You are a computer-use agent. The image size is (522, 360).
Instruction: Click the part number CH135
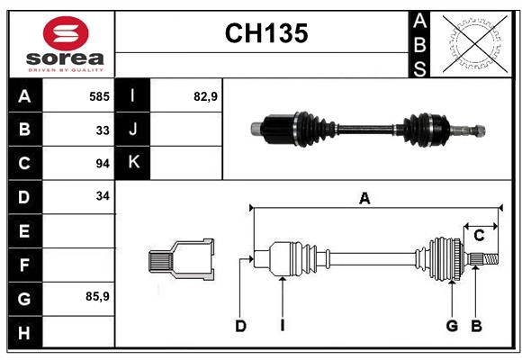(265, 34)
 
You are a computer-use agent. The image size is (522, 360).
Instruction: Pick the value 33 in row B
(103, 130)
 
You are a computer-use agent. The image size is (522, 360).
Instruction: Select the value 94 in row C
(103, 163)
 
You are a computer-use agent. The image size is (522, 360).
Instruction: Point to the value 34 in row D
(103, 195)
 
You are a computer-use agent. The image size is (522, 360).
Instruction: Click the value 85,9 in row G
(97, 295)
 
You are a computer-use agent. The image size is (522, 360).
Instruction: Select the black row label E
(24, 231)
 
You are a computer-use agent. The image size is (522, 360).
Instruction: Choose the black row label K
(133, 163)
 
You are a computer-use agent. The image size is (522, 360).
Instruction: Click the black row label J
(133, 130)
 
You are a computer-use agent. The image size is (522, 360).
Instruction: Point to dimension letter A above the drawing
(364, 200)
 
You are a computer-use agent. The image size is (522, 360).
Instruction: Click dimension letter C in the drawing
(480, 235)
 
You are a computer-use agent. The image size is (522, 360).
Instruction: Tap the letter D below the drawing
(240, 326)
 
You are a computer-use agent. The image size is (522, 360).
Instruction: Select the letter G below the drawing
(452, 326)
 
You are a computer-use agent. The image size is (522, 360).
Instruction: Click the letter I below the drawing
(282, 326)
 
